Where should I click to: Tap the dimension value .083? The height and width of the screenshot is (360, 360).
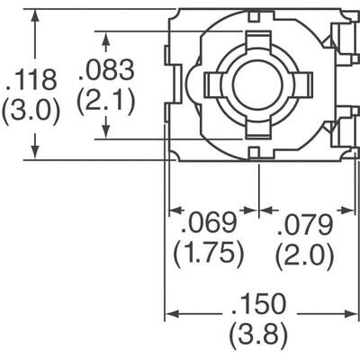[107, 70]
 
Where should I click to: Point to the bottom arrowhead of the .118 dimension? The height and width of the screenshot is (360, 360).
[35, 154]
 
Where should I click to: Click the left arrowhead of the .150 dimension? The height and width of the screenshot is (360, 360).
[171, 315]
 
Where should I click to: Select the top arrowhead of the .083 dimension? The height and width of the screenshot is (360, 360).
[106, 39]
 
